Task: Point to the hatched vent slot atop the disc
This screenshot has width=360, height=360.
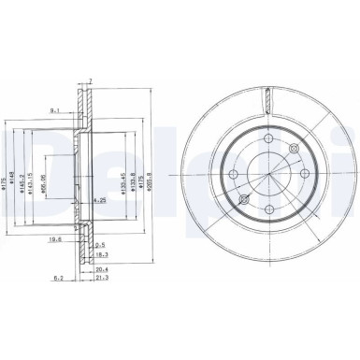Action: tap(268, 95)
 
